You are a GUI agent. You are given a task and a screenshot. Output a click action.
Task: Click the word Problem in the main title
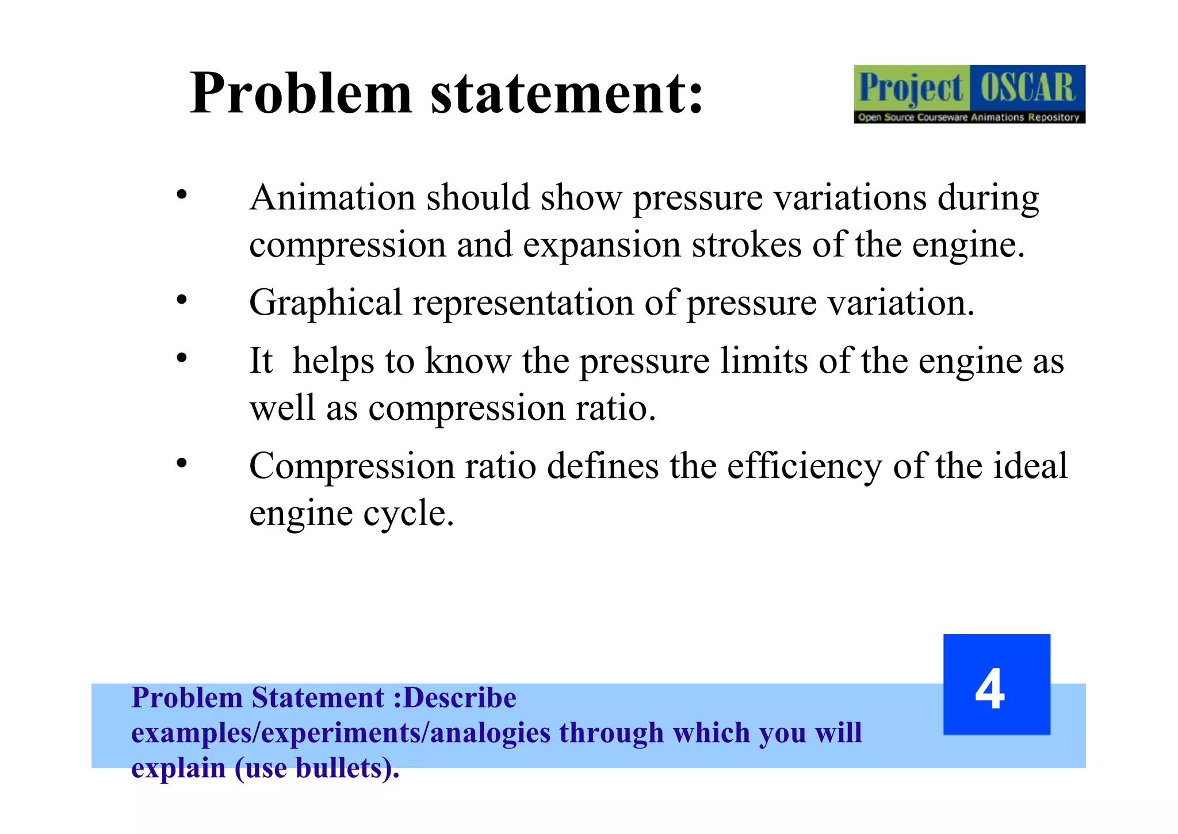coord(301,93)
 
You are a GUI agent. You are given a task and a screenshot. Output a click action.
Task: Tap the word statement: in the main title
coord(567,93)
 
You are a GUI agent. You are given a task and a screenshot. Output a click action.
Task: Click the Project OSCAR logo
coord(969,94)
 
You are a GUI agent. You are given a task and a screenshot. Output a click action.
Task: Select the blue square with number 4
coord(996,684)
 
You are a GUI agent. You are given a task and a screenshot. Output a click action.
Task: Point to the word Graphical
coord(326,303)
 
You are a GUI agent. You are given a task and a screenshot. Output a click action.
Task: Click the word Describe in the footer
coord(460,698)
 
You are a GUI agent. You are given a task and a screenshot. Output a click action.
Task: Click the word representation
coord(522,303)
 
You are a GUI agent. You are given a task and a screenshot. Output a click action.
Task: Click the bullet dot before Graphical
coord(182,300)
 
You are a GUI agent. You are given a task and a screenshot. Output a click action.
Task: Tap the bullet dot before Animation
coord(182,194)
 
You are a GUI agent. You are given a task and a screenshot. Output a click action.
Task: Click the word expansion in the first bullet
coord(602,246)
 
